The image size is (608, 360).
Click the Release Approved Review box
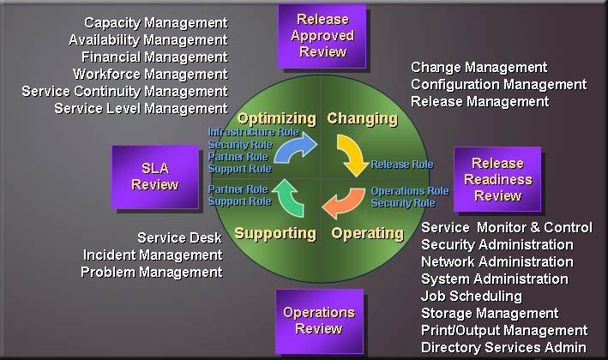click(322, 35)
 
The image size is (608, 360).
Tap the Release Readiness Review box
click(497, 179)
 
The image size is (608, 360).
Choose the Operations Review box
click(318, 320)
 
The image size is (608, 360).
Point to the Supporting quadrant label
click(275, 233)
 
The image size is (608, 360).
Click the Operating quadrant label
click(367, 233)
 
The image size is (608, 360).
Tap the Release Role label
click(401, 164)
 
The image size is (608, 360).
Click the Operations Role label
click(409, 191)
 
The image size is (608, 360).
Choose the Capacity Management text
click(156, 22)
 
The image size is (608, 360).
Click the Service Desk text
click(179, 237)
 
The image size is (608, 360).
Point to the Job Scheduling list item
click(472, 296)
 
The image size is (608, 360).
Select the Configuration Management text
click(498, 84)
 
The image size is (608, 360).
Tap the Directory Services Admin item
click(503, 347)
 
